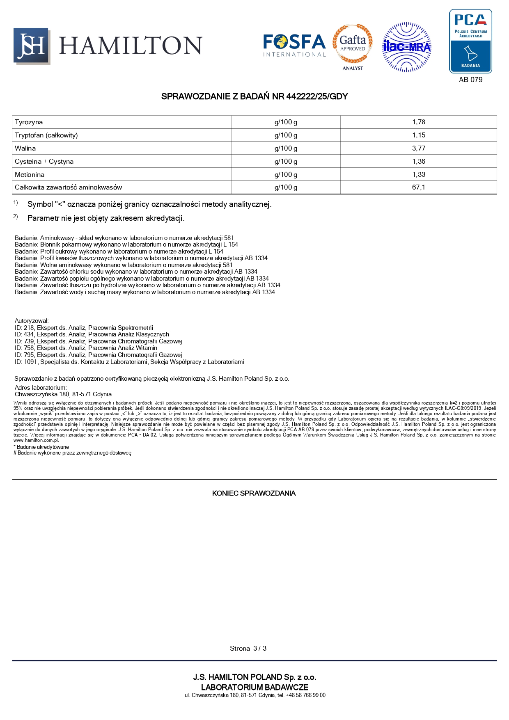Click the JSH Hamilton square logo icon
point(31,46)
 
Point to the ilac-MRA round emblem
point(406,47)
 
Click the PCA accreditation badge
point(470,41)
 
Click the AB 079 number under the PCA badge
point(470,80)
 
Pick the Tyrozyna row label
point(29,122)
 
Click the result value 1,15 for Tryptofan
point(419,135)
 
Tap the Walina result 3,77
point(419,149)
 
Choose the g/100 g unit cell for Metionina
point(286,175)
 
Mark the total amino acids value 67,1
point(419,187)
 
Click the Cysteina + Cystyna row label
point(44,162)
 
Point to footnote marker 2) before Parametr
point(16,217)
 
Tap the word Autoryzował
point(32,321)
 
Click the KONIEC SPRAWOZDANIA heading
point(254,493)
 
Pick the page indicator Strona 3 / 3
point(248,648)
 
